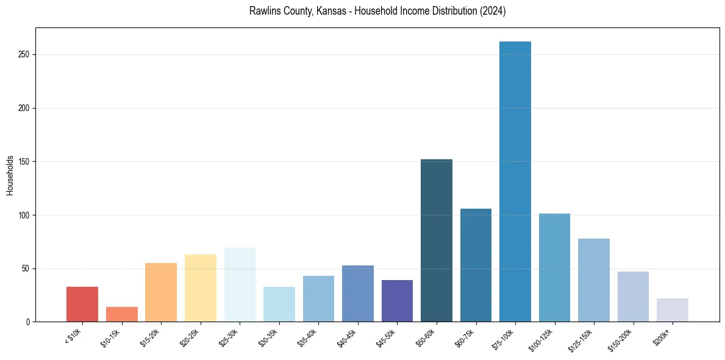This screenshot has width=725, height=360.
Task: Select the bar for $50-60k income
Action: tap(436, 240)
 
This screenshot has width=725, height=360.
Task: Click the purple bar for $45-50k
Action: tap(397, 301)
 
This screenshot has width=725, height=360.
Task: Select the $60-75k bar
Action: tap(476, 265)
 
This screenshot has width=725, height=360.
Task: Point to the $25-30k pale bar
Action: tap(240, 284)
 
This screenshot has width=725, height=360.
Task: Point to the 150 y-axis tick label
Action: tap(24, 162)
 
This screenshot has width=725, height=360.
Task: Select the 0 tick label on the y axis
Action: tap(28, 322)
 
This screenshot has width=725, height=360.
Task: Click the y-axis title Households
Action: tap(10, 175)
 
